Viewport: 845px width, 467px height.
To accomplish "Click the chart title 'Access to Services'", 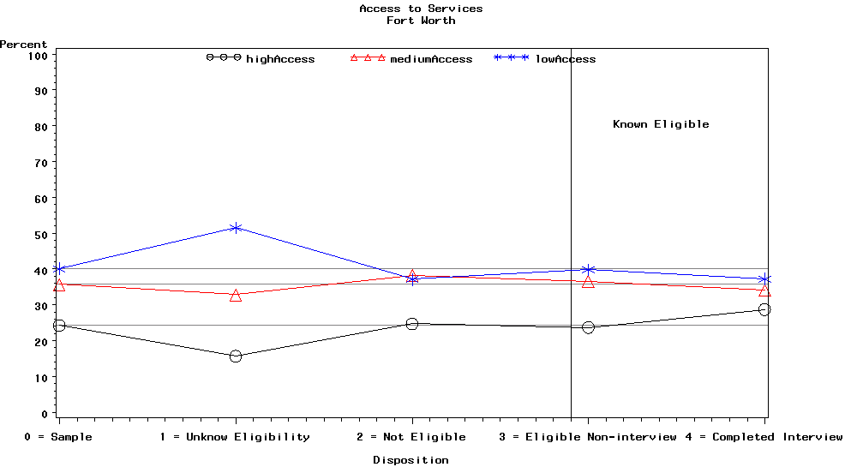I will [x=421, y=9].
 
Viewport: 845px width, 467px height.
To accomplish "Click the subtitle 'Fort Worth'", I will [x=421, y=21].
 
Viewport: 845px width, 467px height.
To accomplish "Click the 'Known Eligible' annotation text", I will [x=661, y=124].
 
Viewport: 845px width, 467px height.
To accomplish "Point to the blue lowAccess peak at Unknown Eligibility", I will [x=236, y=228].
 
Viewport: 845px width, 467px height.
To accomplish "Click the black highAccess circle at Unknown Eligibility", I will [x=236, y=356].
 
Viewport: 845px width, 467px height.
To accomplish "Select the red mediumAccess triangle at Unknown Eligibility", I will [x=236, y=296].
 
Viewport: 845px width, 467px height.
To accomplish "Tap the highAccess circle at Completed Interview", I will [x=764, y=309].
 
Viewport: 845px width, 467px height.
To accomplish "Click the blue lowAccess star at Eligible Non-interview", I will [x=588, y=270].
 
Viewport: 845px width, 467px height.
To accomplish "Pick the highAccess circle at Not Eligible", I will [x=412, y=324].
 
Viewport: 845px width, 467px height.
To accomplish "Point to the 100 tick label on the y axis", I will [x=36, y=55].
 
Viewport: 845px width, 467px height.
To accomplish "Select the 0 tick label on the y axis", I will [x=43, y=414].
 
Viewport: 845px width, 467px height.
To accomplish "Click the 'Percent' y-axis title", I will [x=23, y=45].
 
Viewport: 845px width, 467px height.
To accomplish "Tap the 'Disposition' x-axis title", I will [x=411, y=460].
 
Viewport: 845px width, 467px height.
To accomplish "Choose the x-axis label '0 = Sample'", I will [x=58, y=437].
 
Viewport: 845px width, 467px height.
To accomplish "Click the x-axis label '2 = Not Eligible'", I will [x=411, y=437].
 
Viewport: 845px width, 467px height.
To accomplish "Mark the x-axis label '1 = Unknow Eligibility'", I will [x=235, y=437].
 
